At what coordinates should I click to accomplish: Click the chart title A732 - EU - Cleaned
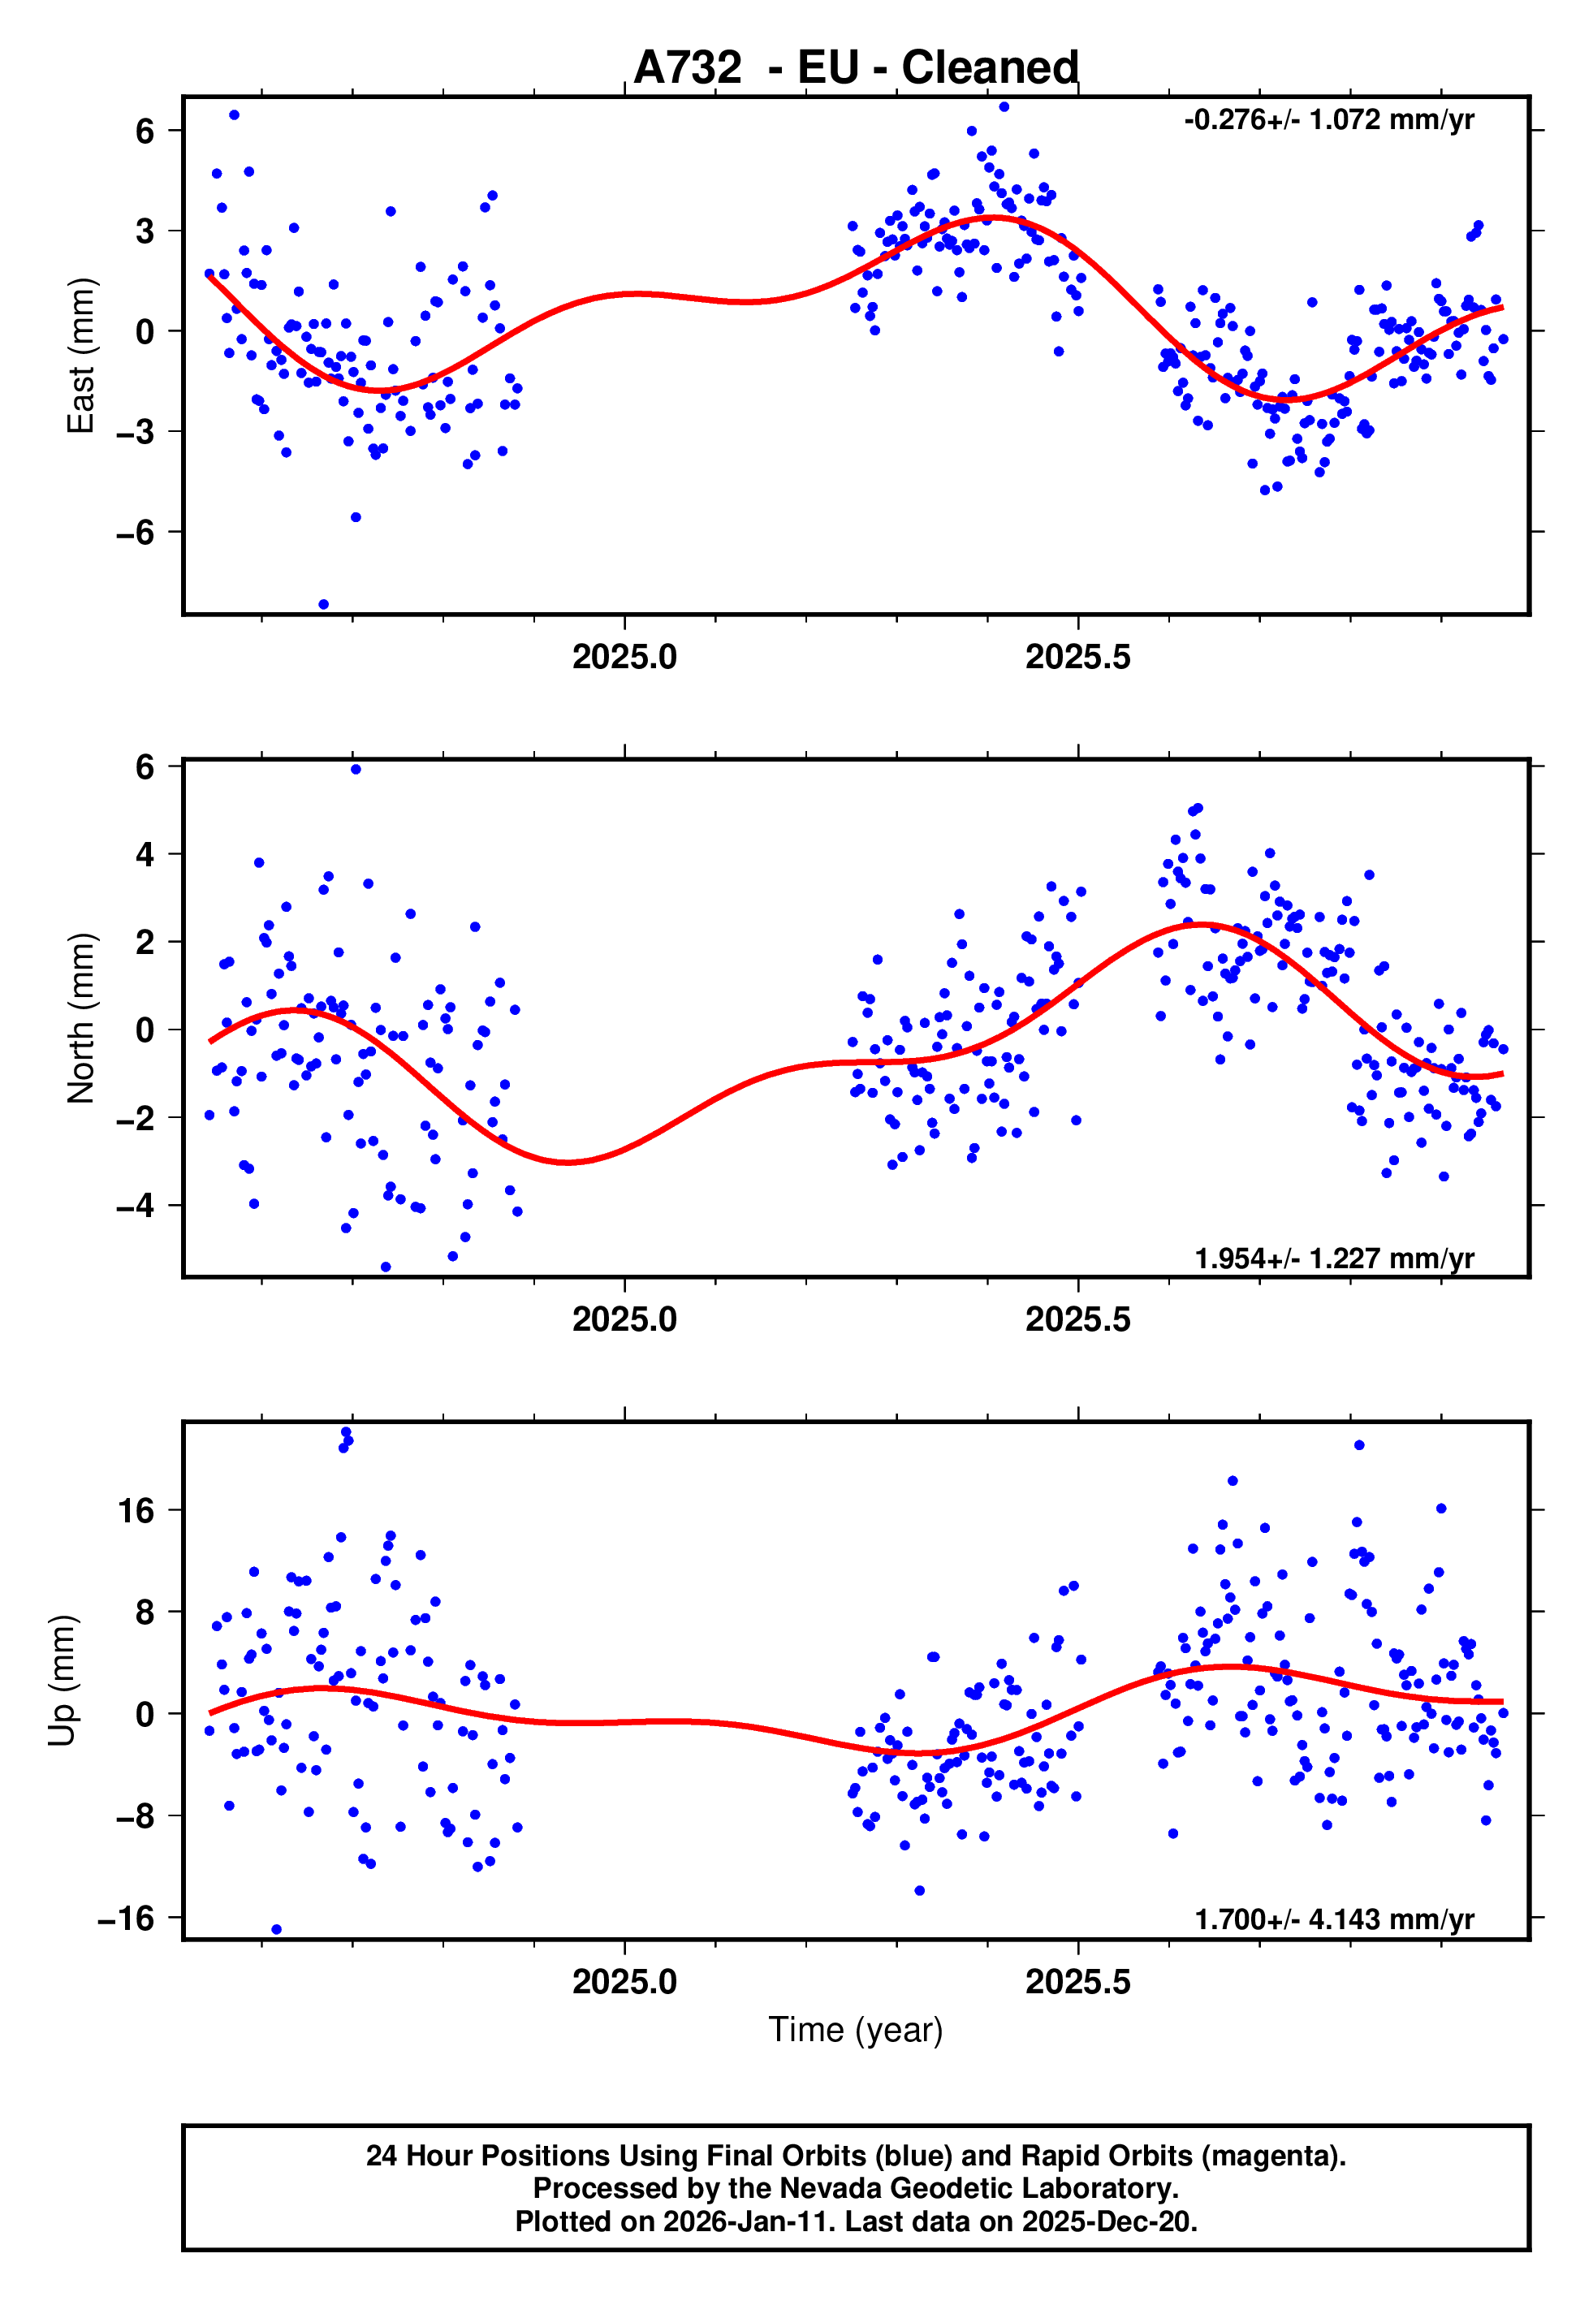tap(856, 68)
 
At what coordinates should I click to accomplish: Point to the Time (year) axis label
tap(856, 2030)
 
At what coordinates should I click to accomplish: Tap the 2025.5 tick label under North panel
tap(1078, 1319)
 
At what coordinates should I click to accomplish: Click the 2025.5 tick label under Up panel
tap(1078, 1981)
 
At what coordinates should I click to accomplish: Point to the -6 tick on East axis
tap(136, 532)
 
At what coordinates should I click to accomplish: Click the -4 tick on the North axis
tap(136, 1206)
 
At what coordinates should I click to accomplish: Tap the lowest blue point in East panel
tap(323, 605)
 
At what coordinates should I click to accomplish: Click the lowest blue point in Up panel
tap(277, 1930)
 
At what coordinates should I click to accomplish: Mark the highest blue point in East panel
tap(1004, 106)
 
